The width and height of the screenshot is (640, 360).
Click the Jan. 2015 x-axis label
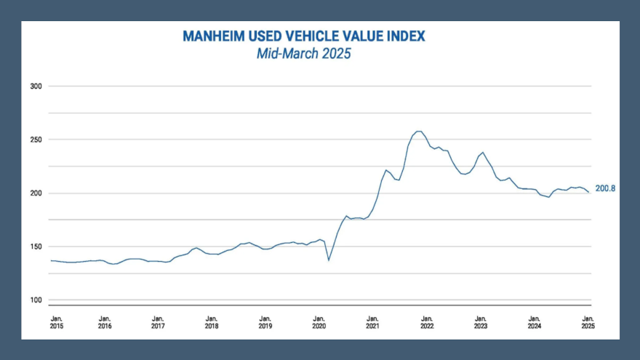tap(55, 322)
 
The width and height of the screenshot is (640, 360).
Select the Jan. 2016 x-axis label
tap(105, 322)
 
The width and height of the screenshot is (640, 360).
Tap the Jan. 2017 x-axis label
tap(158, 322)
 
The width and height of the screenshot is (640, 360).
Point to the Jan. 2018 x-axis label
tap(212, 322)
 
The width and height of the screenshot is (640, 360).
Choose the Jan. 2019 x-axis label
tap(265, 322)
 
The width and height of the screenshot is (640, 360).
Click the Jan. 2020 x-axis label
tap(319, 322)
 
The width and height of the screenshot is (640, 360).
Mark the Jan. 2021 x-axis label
tap(373, 322)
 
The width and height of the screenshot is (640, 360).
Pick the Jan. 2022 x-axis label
tap(427, 322)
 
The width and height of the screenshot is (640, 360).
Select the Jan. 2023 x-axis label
tap(481, 322)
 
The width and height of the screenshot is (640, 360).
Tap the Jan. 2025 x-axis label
tap(588, 322)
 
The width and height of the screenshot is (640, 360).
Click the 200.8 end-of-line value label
tap(606, 189)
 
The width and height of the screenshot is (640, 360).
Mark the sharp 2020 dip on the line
tap(329, 260)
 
